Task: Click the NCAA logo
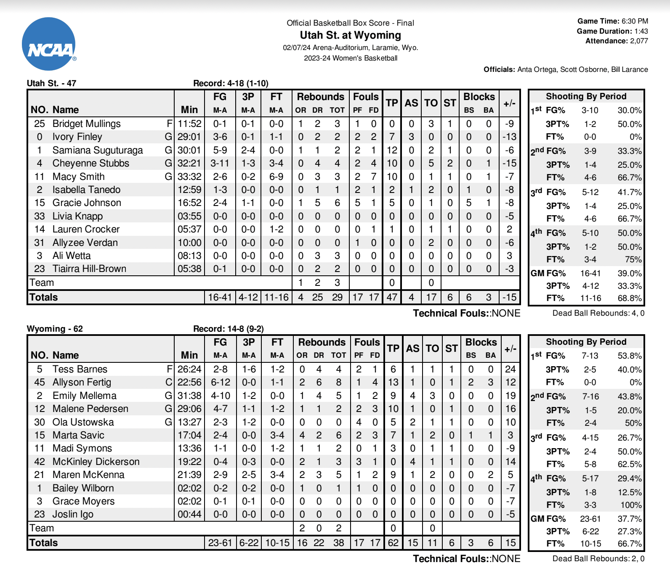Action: (49, 44)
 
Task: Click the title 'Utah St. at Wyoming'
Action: (350, 35)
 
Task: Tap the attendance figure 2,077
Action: (639, 41)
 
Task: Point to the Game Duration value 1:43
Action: (641, 31)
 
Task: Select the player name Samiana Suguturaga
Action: (98, 150)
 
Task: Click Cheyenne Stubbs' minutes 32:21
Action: (189, 163)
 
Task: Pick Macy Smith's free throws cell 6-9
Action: (276, 177)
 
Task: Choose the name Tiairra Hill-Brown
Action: (89, 269)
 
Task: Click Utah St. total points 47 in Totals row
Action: (392, 297)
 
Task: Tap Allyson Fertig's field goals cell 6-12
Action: (220, 382)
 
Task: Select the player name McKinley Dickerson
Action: (96, 462)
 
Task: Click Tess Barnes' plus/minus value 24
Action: (510, 369)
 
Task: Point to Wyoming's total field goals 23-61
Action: (220, 543)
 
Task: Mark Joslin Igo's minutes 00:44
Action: (189, 514)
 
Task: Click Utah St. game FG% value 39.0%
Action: (630, 273)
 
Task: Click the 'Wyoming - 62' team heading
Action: (55, 329)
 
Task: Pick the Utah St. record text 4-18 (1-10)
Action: (248, 83)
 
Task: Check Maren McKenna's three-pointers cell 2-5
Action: (249, 475)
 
